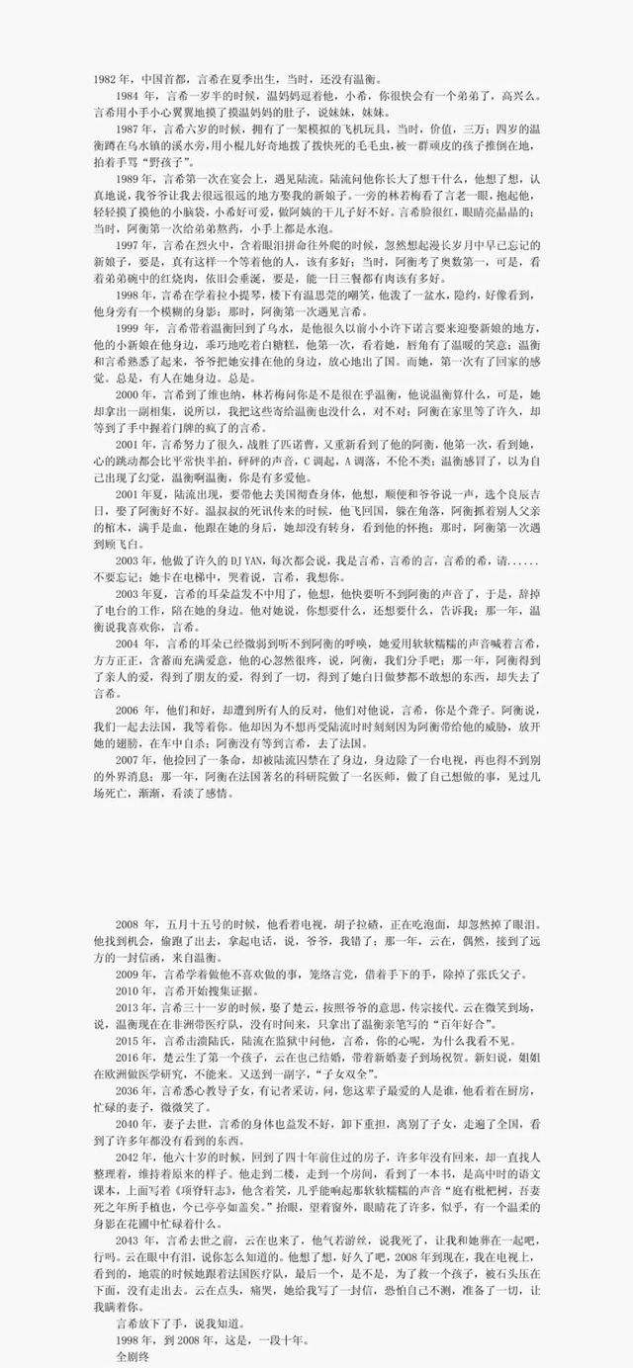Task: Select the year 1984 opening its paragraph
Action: (129, 97)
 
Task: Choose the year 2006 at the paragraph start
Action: (129, 710)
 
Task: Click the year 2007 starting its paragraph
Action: (129, 759)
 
